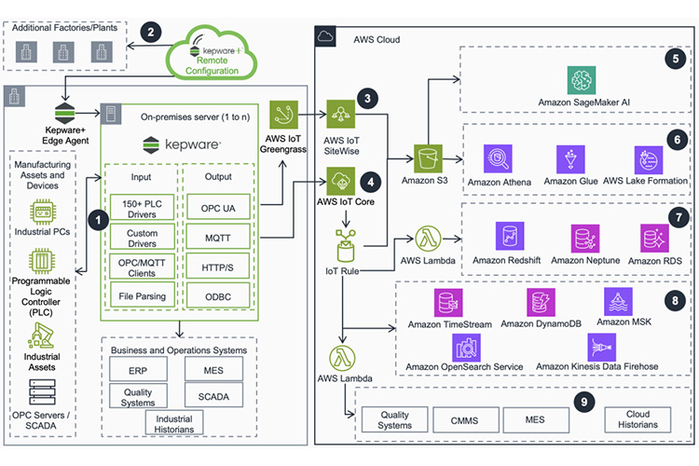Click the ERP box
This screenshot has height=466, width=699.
[138, 371]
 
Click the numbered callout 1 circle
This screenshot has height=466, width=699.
[91, 221]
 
